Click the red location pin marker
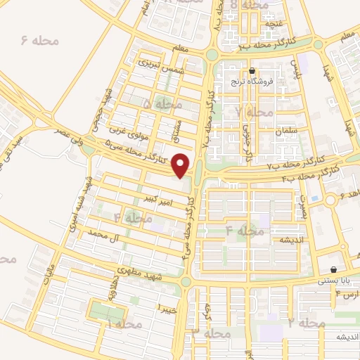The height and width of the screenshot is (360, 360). (181, 165)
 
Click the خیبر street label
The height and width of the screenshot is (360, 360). (167, 309)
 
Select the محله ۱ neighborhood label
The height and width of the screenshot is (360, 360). (124, 324)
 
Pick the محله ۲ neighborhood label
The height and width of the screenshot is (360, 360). (307, 323)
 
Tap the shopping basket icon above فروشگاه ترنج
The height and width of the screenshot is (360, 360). (252, 70)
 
